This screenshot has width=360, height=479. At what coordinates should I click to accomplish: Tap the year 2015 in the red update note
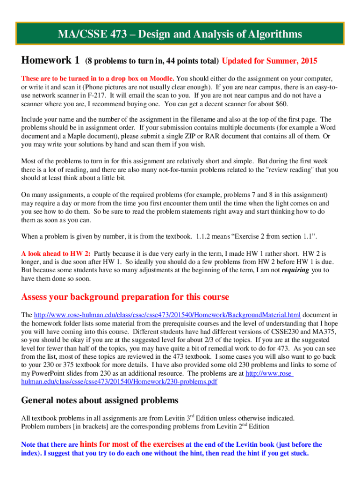pos(306,61)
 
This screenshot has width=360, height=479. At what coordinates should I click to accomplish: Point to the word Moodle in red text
pos(161,78)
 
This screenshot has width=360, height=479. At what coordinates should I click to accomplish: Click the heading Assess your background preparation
pos(125,297)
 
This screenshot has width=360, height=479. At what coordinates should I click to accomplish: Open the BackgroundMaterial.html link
pos(167,314)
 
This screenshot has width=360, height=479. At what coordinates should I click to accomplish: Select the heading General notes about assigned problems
pos(100,400)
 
